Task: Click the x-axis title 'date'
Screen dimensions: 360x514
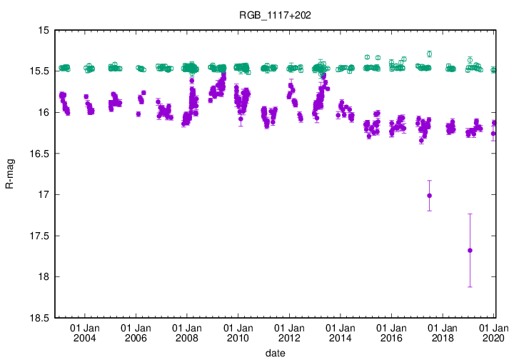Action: pyautogui.click(x=275, y=353)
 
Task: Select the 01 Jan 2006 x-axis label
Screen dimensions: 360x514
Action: pyautogui.click(x=136, y=332)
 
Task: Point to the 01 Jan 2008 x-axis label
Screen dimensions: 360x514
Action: pyautogui.click(x=186, y=332)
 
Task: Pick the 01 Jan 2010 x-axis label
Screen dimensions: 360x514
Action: pyautogui.click(x=238, y=332)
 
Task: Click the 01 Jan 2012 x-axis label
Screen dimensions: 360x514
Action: pyautogui.click(x=289, y=332)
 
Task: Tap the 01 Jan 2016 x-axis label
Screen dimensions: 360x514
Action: pyautogui.click(x=391, y=332)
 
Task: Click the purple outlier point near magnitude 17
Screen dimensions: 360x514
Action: pyautogui.click(x=429, y=196)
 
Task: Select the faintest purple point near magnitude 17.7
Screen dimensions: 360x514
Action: pyautogui.click(x=470, y=250)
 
